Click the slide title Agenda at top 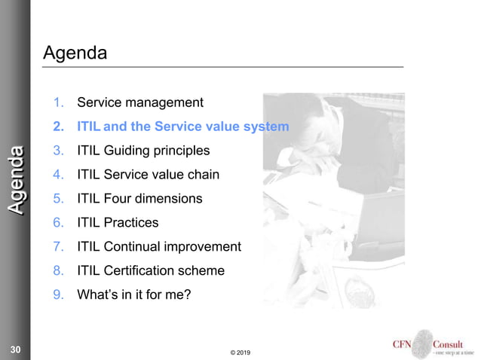(x=75, y=53)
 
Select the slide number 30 (x=15, y=349)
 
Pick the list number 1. (x=57, y=102)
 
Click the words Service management (x=140, y=102)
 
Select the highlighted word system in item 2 (x=268, y=126)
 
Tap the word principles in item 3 (x=185, y=150)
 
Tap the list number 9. (x=57, y=294)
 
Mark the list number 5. (x=57, y=198)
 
